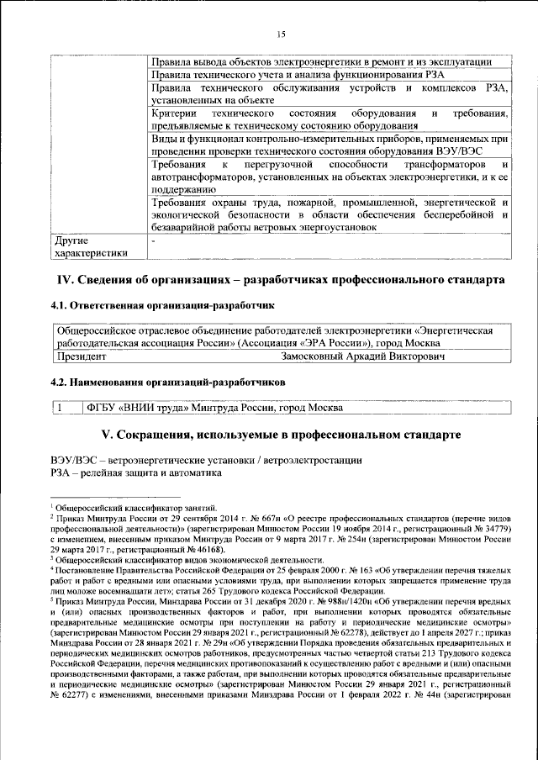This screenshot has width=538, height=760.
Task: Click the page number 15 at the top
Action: click(281, 34)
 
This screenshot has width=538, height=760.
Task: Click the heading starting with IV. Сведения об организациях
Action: click(280, 279)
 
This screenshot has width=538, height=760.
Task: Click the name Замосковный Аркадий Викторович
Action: click(351, 357)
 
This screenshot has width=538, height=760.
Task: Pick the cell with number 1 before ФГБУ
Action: click(61, 409)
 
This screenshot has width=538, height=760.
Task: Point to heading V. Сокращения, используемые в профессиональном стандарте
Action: click(280, 435)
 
